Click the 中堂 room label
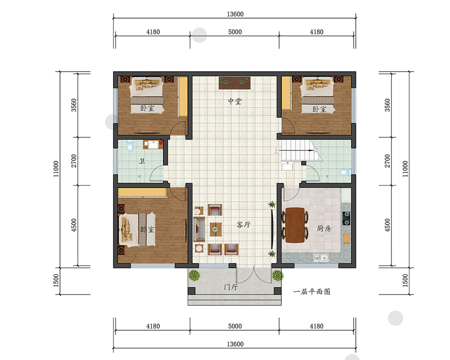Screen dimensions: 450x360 pos(235,101)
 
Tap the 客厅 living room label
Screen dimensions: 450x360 pos(243,225)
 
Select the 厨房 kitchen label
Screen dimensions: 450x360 pos(324,229)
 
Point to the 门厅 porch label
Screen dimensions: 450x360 pos(231,287)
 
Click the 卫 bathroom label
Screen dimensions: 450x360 pos(142,162)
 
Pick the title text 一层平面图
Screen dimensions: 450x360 pos(312,292)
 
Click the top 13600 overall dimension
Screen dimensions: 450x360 pos(235,14)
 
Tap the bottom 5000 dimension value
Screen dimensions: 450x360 pos(235,326)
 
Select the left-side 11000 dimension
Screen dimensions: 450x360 pos(56,169)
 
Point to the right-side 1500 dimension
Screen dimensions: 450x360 pos(405,280)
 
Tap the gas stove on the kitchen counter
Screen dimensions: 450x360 pos(346,218)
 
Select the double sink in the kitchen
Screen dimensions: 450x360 pos(321,257)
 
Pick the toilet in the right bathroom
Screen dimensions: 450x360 pos(345,172)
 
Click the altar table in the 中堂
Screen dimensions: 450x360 pos(235,83)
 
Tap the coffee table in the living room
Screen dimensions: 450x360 pos(215,229)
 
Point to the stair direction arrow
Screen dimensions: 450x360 pos(297,150)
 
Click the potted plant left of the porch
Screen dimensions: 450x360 pos(194,275)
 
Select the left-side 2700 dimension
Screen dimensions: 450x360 pos(74,161)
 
